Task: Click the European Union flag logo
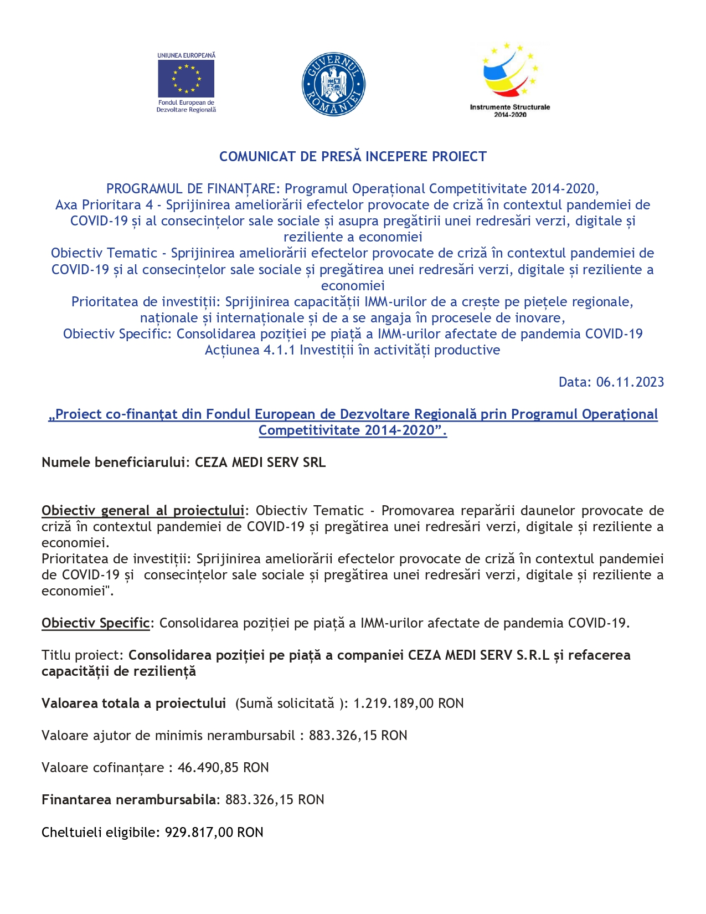point(186,79)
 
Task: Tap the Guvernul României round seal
point(333,85)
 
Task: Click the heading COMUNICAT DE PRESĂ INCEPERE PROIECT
point(353,157)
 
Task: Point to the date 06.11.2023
point(630,382)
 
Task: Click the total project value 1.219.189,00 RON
point(408,704)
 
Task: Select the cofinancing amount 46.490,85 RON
point(223,768)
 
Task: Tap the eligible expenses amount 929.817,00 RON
point(214,833)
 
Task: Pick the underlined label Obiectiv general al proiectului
point(143,511)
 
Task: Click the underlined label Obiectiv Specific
point(95,623)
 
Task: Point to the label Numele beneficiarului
point(116,463)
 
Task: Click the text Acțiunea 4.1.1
point(250,350)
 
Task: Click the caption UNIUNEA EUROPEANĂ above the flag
point(186,55)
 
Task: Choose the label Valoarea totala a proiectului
point(133,704)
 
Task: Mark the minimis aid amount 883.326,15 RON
point(358,736)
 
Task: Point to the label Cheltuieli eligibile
point(101,833)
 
